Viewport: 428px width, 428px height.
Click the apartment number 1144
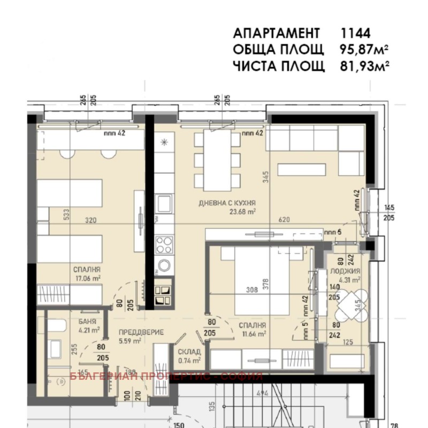(356, 33)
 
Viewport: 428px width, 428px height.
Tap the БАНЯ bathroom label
(87, 322)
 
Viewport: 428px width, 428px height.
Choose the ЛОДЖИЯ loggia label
(349, 272)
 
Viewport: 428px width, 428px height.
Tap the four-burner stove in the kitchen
(164, 247)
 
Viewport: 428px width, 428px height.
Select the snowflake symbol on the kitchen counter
(164, 142)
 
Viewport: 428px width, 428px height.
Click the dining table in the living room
(217, 160)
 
